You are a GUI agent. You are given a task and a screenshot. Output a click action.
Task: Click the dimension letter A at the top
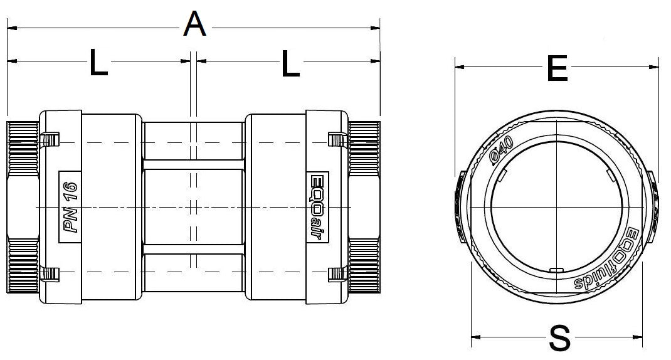pos(195,25)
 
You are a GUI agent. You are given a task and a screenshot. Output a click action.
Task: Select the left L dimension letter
pos(98,63)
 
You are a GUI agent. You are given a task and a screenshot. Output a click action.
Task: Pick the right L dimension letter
pos(290,63)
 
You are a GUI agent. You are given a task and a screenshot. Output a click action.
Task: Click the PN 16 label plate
pos(70,206)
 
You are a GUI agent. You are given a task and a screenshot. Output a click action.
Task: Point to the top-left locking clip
pos(50,138)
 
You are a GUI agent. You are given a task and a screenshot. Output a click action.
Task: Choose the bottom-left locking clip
pos(50,273)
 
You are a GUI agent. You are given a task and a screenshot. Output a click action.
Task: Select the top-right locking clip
pos(336,138)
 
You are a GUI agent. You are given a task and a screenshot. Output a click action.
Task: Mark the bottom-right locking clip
pos(336,273)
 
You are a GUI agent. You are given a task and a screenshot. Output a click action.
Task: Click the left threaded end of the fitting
pos(23,207)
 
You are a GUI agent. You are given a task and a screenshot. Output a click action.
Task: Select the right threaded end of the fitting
pos(364,207)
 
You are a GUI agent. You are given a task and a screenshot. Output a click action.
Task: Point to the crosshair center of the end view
pos(557,208)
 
